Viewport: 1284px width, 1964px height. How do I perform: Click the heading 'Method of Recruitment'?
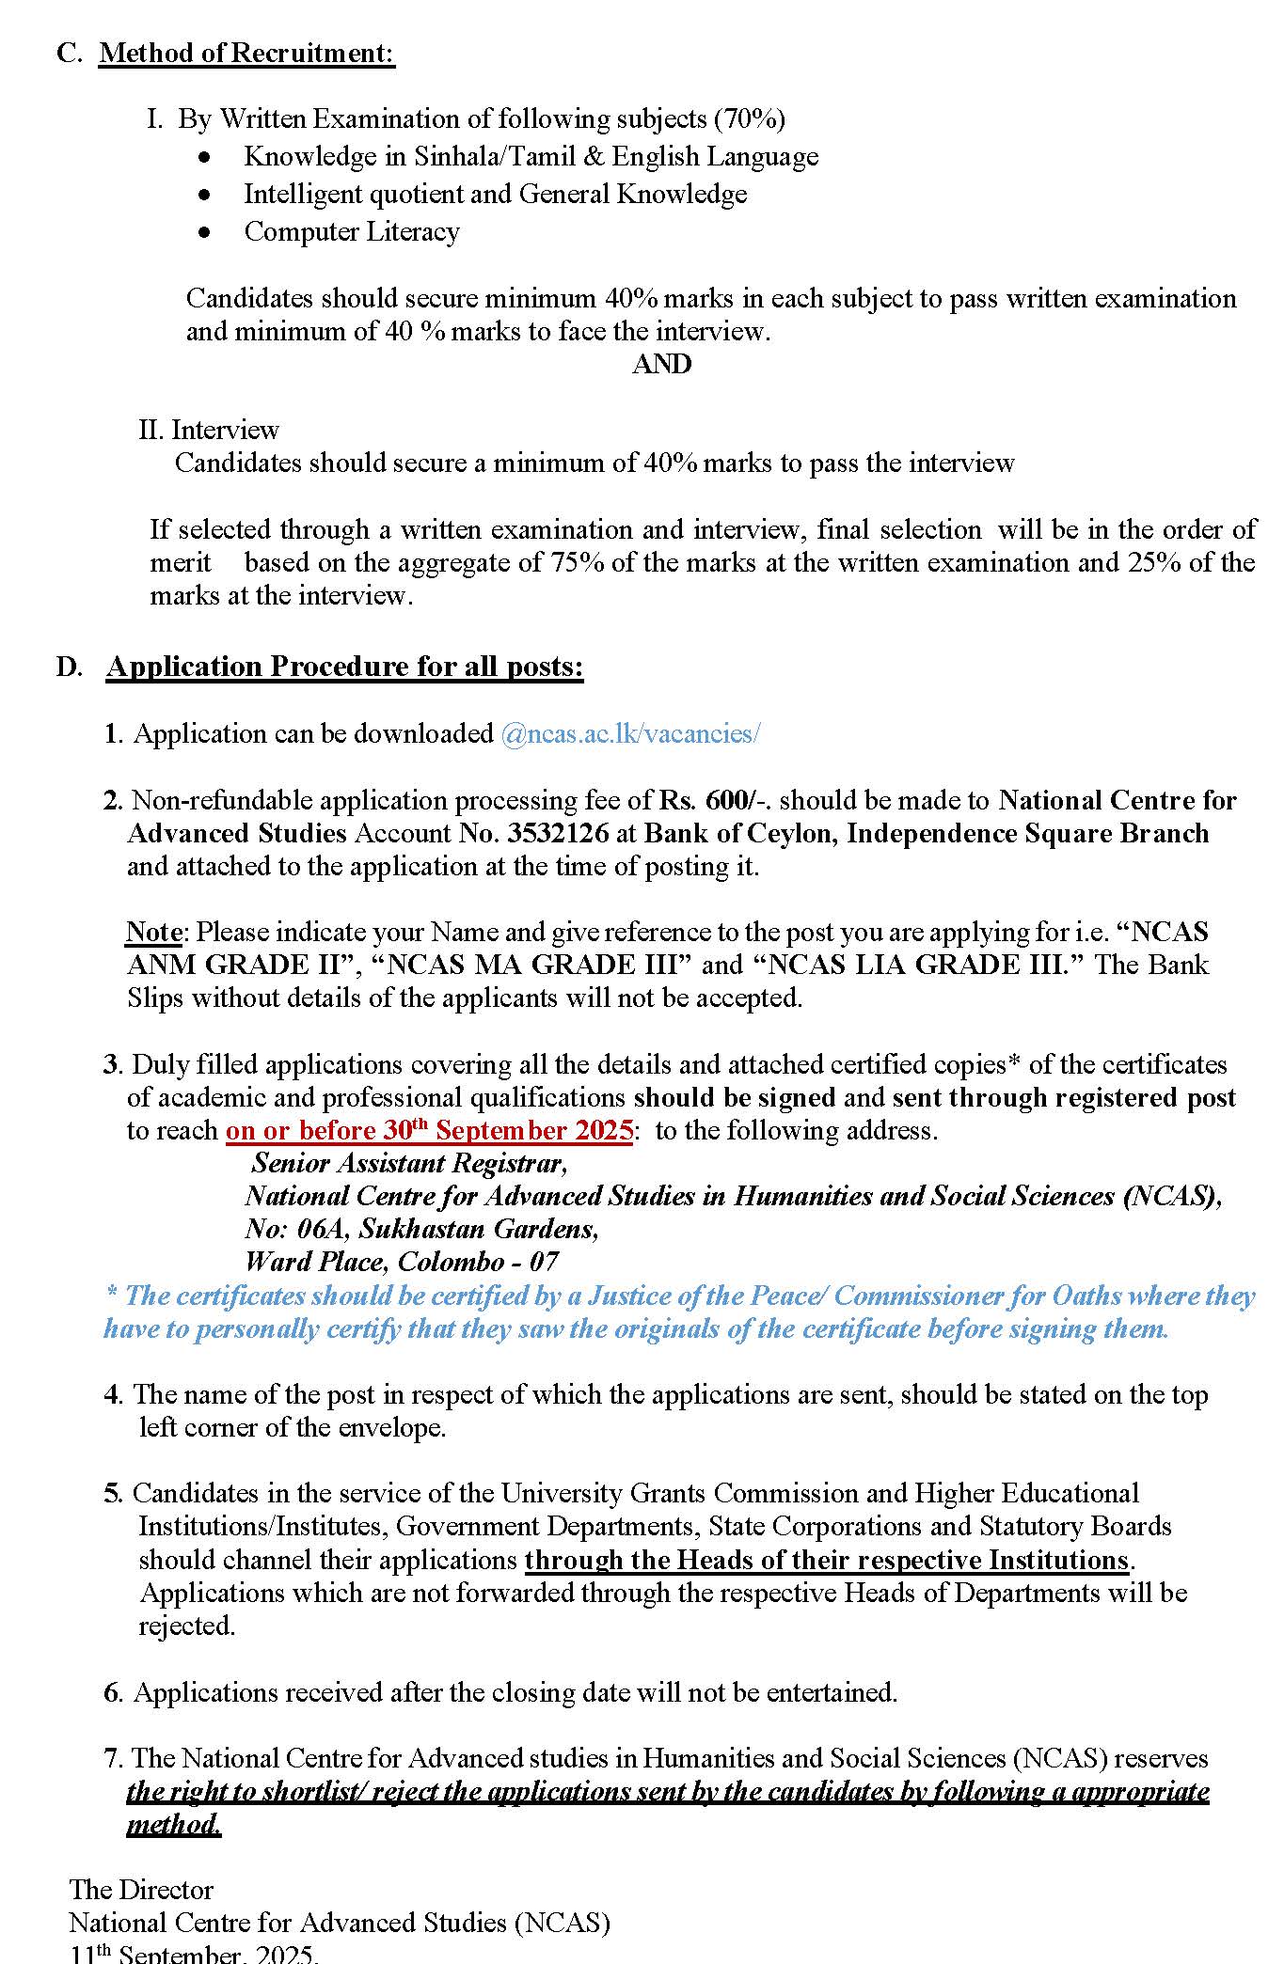click(246, 53)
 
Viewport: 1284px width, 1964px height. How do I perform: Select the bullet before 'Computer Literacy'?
click(205, 232)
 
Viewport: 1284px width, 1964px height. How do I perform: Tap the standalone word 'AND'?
click(661, 364)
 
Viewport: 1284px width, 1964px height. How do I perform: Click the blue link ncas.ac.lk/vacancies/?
click(630, 733)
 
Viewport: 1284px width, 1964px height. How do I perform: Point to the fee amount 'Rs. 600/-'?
click(715, 800)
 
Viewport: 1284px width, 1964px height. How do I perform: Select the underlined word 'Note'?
click(153, 932)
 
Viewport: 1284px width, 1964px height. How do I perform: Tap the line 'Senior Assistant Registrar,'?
click(409, 1163)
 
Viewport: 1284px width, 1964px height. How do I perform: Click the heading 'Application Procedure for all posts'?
click(344, 667)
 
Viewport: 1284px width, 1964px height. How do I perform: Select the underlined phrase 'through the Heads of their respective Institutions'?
click(827, 1560)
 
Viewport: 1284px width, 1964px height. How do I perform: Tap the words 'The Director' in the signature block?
click(141, 1890)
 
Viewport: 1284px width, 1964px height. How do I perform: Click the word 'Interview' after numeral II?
click(225, 430)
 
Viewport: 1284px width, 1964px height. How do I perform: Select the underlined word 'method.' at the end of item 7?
click(174, 1825)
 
